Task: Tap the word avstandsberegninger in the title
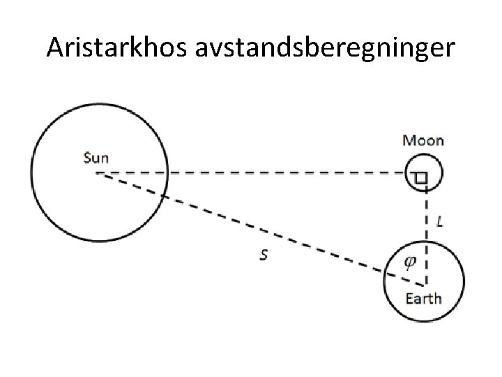pos(328,48)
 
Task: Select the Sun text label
pos(96,157)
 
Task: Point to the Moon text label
pos(423,140)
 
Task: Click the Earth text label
pos(423,299)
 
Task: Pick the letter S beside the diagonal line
pos(263,256)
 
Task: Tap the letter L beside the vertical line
pos(439,222)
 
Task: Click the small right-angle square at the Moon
pos(420,179)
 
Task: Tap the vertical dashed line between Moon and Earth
pos(426,216)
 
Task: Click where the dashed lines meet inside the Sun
pos(98,173)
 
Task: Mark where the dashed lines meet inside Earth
pos(425,285)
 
